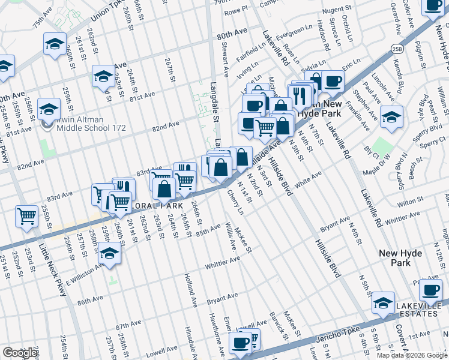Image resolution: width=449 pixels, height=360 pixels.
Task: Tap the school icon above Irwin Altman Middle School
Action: coord(49,109)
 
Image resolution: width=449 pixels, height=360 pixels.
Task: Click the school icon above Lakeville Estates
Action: coord(384,304)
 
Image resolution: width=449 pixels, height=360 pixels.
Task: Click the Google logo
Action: coord(20,353)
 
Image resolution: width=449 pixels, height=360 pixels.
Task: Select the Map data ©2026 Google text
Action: coord(412,355)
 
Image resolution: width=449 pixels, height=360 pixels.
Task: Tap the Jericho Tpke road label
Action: coord(334,335)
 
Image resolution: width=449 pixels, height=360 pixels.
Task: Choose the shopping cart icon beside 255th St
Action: coord(26,216)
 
